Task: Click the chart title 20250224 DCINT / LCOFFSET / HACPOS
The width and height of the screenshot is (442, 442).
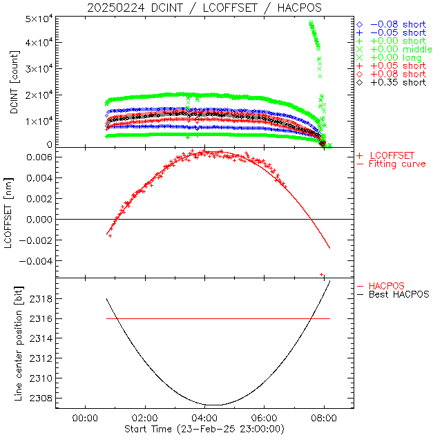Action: click(204, 8)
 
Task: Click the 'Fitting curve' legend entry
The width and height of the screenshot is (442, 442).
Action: click(397, 164)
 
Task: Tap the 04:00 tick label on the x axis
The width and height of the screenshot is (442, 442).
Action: click(204, 418)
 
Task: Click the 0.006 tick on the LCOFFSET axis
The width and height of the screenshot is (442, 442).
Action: click(40, 157)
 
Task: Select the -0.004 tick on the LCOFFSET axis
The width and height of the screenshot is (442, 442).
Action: click(37, 262)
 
